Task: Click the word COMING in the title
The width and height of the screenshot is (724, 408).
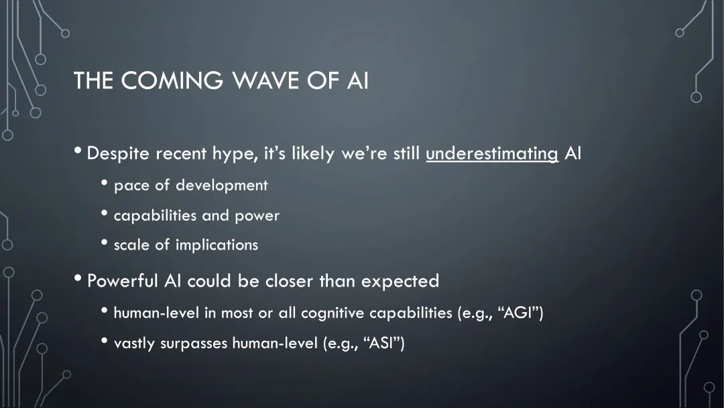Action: click(x=172, y=80)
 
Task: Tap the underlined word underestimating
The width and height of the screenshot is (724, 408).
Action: click(x=492, y=154)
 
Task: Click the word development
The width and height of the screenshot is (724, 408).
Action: click(x=222, y=185)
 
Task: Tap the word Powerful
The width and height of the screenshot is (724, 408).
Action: click(x=123, y=280)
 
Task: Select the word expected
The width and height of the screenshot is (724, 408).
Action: click(x=400, y=281)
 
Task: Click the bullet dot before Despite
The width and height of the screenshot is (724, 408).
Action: click(x=78, y=150)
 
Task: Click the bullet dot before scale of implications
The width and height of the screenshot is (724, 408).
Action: click(x=105, y=242)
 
